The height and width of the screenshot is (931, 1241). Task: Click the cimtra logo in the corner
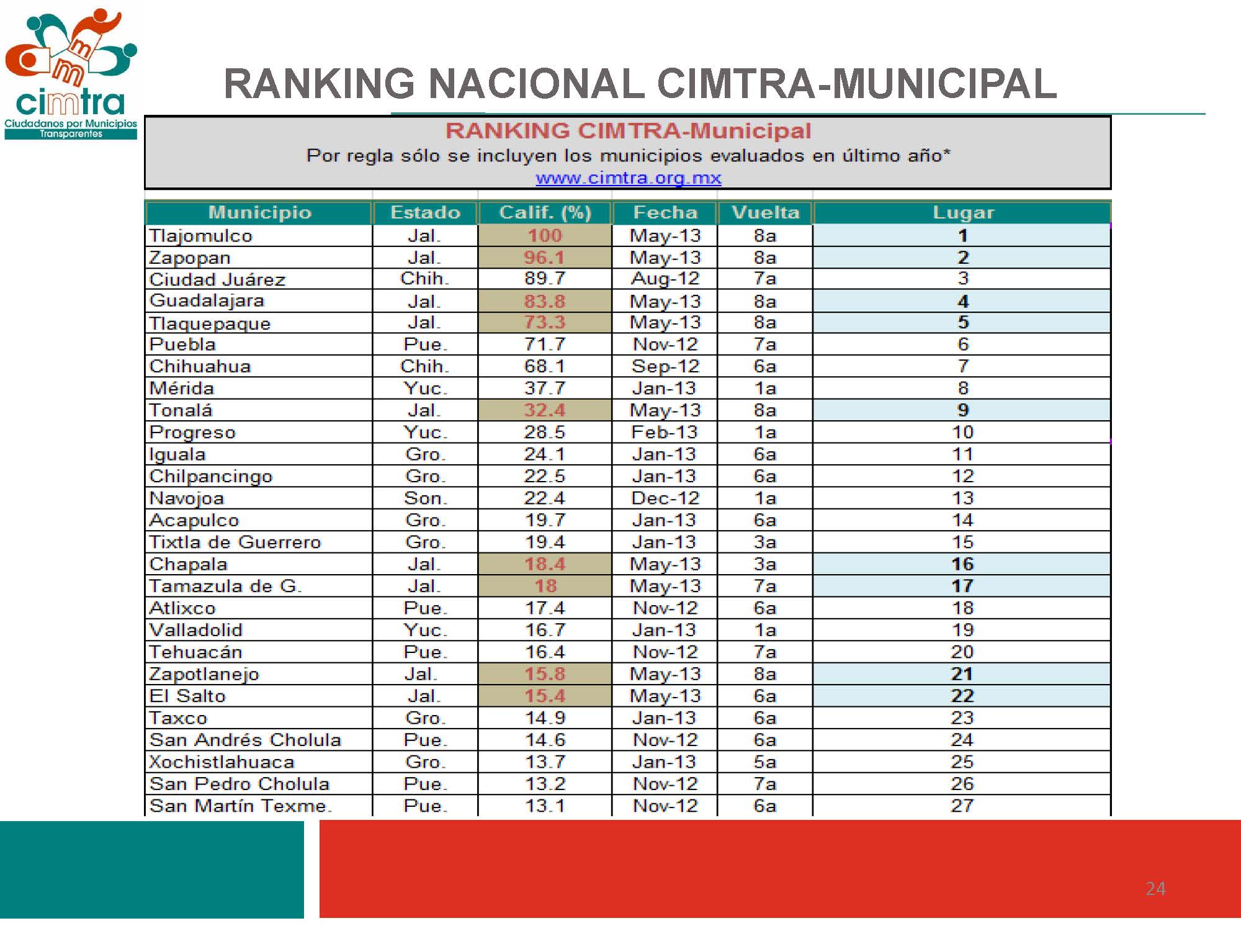tap(70, 73)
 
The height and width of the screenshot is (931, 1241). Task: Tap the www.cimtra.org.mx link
tap(628, 178)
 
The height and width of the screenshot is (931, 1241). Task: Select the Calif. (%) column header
tap(545, 212)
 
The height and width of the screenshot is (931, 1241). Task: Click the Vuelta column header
tap(765, 212)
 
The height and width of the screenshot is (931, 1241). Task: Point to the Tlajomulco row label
tap(201, 236)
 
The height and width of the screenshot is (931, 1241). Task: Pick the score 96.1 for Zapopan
tap(544, 258)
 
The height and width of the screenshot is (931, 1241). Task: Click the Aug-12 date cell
tap(665, 279)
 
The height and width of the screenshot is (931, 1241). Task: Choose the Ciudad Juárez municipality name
tap(217, 279)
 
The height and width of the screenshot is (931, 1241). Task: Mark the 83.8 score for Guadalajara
tap(544, 301)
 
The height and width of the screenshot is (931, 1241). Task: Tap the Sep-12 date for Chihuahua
tap(665, 366)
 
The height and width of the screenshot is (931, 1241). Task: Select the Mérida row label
tap(182, 389)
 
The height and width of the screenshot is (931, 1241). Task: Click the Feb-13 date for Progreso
tap(665, 432)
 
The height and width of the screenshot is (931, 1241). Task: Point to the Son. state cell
tap(425, 498)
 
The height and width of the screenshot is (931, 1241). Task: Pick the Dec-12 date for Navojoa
tap(665, 498)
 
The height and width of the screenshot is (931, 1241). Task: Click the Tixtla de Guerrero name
tap(235, 542)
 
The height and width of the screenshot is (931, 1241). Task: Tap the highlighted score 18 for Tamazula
tap(545, 586)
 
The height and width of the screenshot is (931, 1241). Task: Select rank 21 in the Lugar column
tap(962, 674)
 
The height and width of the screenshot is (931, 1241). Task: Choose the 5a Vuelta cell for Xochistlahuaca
tap(764, 762)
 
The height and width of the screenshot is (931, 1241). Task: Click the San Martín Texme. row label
tap(240, 806)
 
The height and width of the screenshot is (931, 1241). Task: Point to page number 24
tap(1155, 889)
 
